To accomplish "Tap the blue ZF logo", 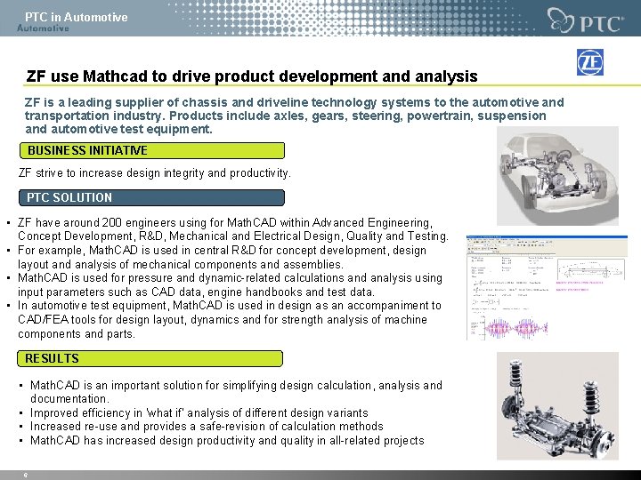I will (x=590, y=63).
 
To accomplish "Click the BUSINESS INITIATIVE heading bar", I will (x=152, y=151).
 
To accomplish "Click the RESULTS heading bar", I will (x=151, y=358).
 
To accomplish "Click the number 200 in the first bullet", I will (x=111, y=222).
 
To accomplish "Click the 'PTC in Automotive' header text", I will (x=76, y=17).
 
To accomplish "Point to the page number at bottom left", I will (x=25, y=476).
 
